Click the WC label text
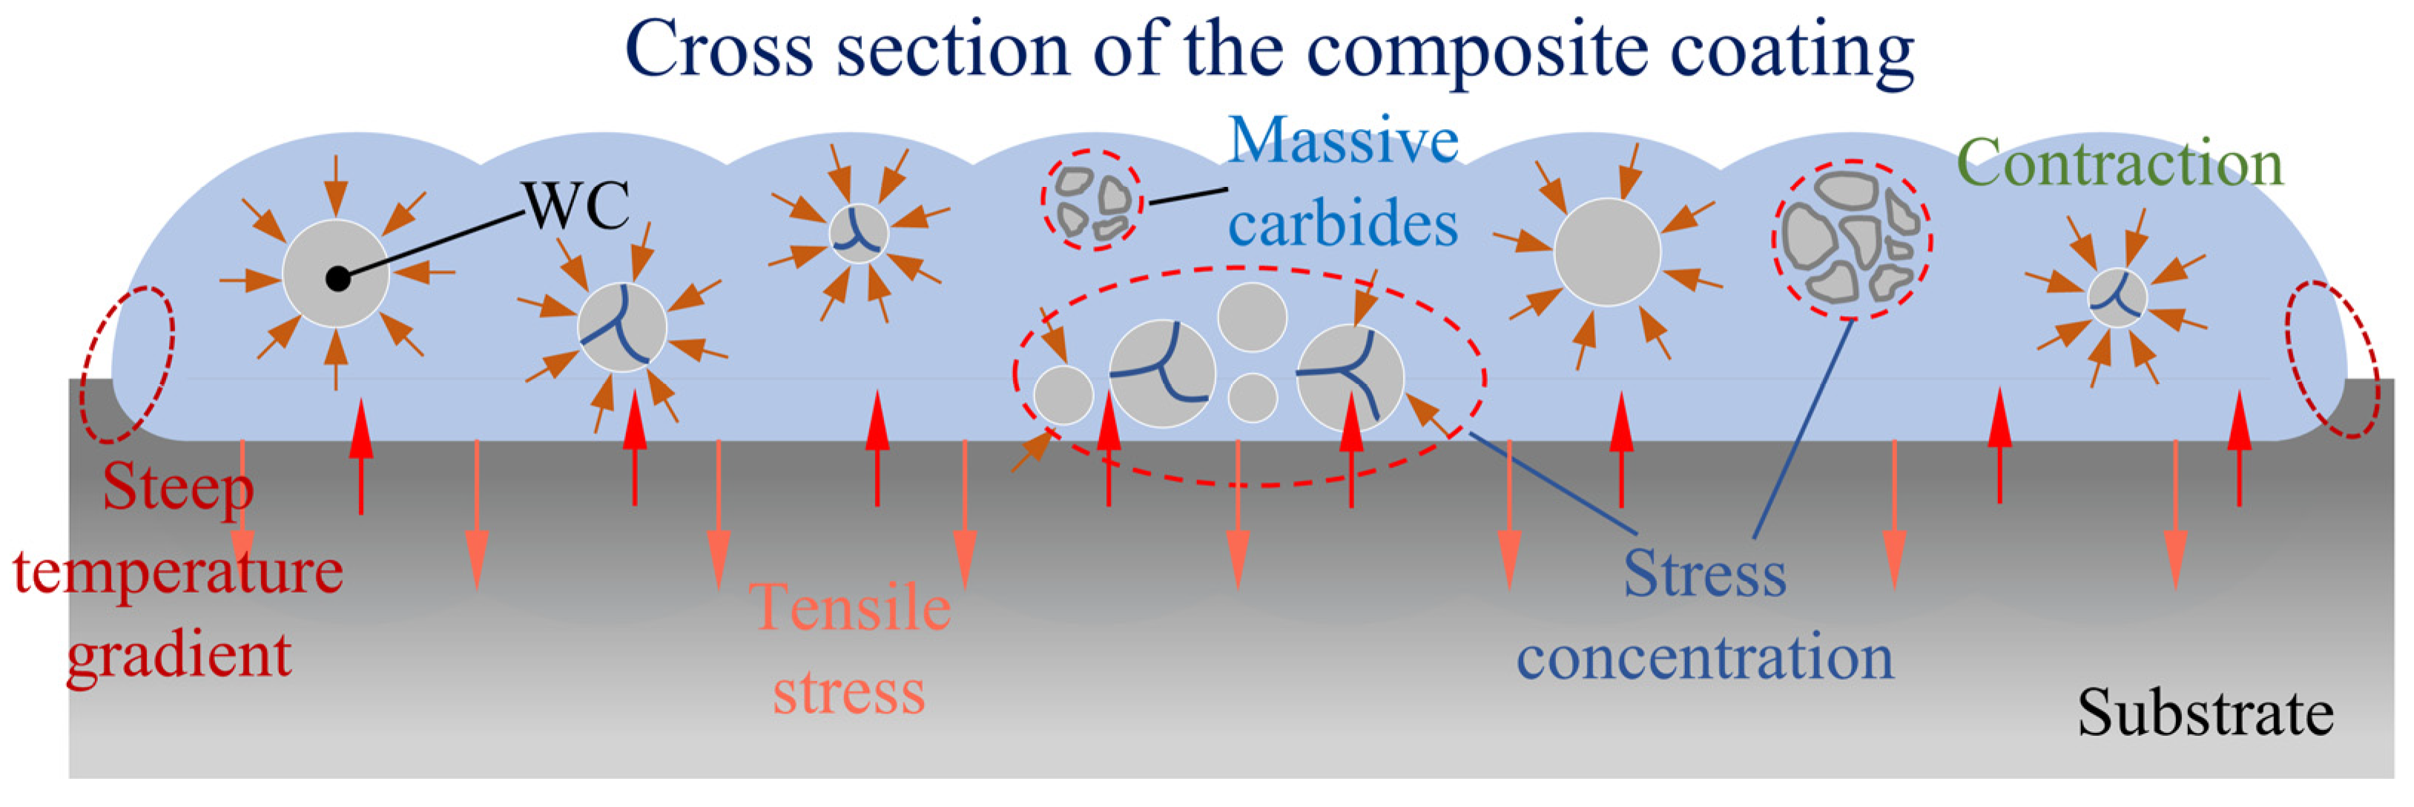click(x=576, y=206)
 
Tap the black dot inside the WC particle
click(x=337, y=278)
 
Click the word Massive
click(x=1343, y=141)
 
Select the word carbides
click(x=1343, y=225)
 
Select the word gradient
click(x=178, y=656)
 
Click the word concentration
click(x=1704, y=658)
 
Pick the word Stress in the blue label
click(x=1704, y=573)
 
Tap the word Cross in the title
click(x=719, y=49)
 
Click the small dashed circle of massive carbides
click(x=1092, y=200)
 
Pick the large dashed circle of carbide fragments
click(x=1851, y=239)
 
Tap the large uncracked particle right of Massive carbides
click(x=1606, y=252)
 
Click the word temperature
click(x=178, y=572)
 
